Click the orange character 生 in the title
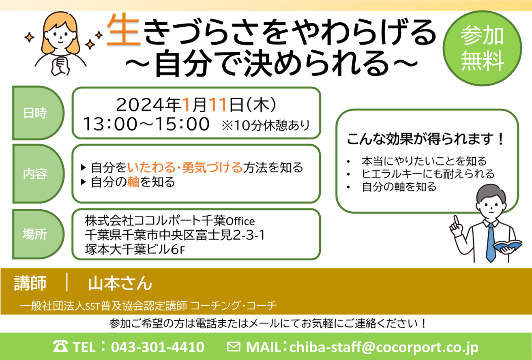[124, 30]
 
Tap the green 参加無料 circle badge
[482, 48]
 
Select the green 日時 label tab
[38, 113]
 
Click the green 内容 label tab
[38, 174]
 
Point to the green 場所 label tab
[38, 234]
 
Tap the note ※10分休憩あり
[266, 125]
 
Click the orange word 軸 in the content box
[133, 182]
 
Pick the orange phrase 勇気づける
[212, 167]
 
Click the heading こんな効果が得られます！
[425, 139]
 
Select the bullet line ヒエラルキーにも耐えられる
[428, 174]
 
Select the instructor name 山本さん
[120, 283]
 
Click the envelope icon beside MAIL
[234, 347]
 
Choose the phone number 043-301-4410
[158, 347]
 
